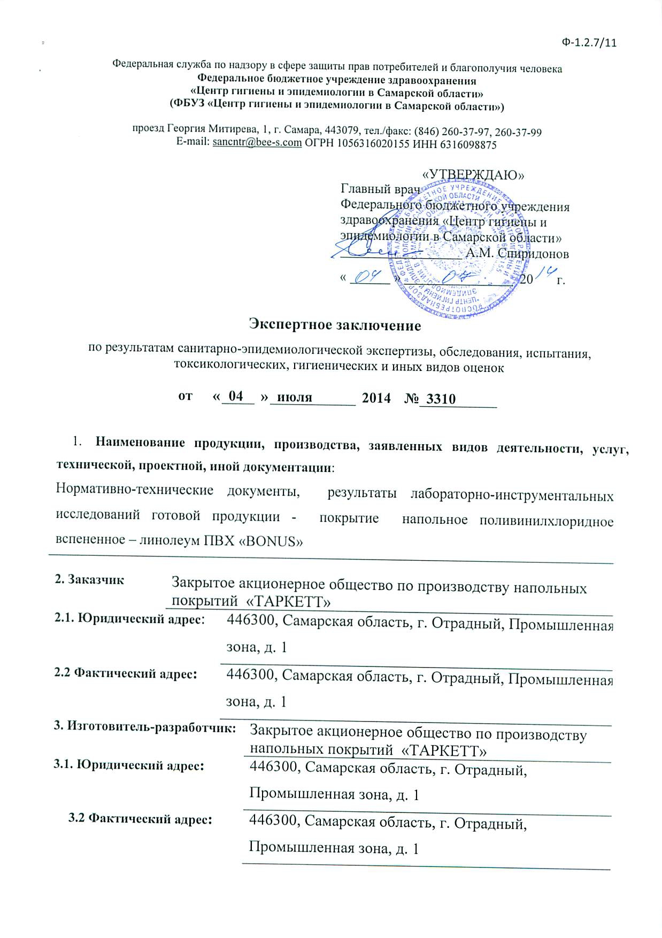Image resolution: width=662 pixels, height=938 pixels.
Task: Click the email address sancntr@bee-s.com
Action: (x=257, y=144)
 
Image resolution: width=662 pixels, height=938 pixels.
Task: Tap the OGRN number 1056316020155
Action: (x=365, y=144)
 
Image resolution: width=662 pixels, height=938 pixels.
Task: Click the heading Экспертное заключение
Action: (x=335, y=324)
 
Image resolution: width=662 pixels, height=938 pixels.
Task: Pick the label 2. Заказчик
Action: (x=89, y=579)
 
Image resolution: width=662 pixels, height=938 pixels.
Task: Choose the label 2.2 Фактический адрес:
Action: (x=126, y=673)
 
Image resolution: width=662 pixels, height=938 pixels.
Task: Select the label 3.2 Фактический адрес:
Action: (x=140, y=819)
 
